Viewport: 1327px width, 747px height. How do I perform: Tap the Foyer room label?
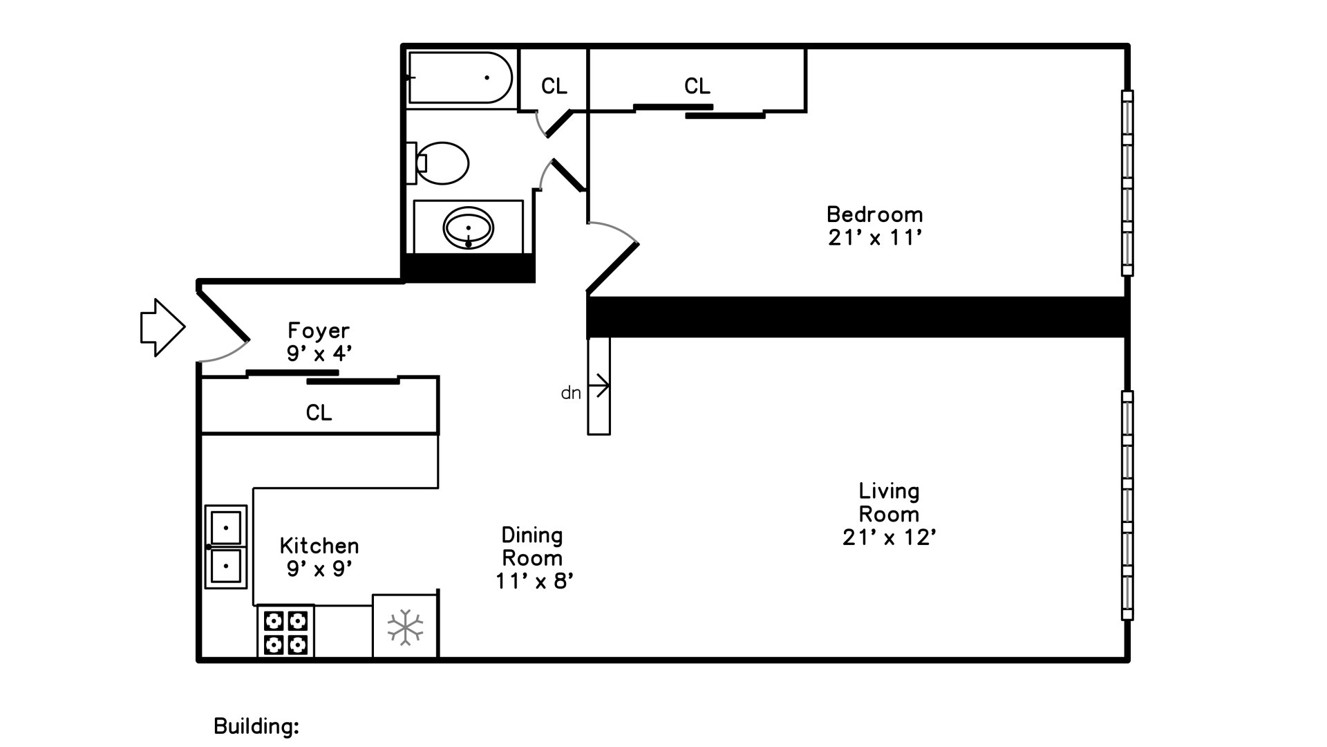click(319, 331)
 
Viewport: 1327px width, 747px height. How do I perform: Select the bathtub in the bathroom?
click(460, 78)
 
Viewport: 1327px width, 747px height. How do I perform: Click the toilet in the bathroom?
click(441, 163)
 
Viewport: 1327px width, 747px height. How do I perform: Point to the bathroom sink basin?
click(469, 227)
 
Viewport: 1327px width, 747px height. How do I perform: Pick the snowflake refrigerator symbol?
click(405, 627)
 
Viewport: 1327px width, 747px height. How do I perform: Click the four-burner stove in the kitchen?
click(286, 631)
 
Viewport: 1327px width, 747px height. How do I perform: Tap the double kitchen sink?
click(226, 546)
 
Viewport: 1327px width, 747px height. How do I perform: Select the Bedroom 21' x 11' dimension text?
click(875, 238)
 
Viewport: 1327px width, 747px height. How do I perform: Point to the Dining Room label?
click(532, 546)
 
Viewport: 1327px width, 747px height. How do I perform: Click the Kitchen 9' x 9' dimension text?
click(319, 569)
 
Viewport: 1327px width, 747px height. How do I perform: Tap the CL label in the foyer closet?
click(319, 413)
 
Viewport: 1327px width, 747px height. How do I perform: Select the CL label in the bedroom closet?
click(697, 86)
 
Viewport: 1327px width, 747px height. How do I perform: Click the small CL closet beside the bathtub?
click(554, 86)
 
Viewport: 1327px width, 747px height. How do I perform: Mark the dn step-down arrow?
click(599, 385)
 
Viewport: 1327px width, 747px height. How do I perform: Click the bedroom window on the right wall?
click(1127, 183)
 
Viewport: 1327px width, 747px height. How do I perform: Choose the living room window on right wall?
click(1127, 505)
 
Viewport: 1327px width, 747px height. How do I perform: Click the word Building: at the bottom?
click(256, 726)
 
